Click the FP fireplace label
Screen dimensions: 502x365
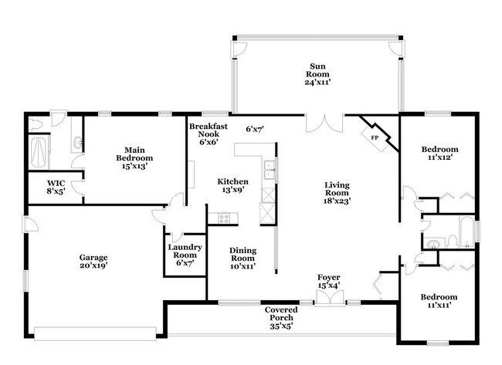click(x=375, y=138)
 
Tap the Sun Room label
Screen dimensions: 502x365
click(x=317, y=74)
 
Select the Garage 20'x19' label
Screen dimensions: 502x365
click(x=93, y=262)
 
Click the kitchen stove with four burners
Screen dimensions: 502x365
click(x=223, y=218)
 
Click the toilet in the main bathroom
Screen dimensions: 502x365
click(x=36, y=124)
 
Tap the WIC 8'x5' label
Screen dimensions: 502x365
click(x=56, y=188)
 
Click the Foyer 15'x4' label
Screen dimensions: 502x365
click(x=329, y=281)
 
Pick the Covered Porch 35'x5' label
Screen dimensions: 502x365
click(x=281, y=318)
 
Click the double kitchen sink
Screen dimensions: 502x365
click(x=270, y=170)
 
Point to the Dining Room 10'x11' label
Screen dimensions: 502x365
click(x=243, y=259)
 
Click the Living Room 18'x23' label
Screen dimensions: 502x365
click(x=337, y=193)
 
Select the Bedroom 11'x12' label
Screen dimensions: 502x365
click(x=440, y=153)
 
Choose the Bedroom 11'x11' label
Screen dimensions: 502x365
click(x=439, y=301)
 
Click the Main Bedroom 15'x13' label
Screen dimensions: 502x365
click(x=134, y=158)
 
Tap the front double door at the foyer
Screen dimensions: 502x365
click(x=330, y=298)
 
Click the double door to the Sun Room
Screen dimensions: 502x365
click(x=325, y=123)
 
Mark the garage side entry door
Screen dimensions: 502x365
click(x=30, y=224)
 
